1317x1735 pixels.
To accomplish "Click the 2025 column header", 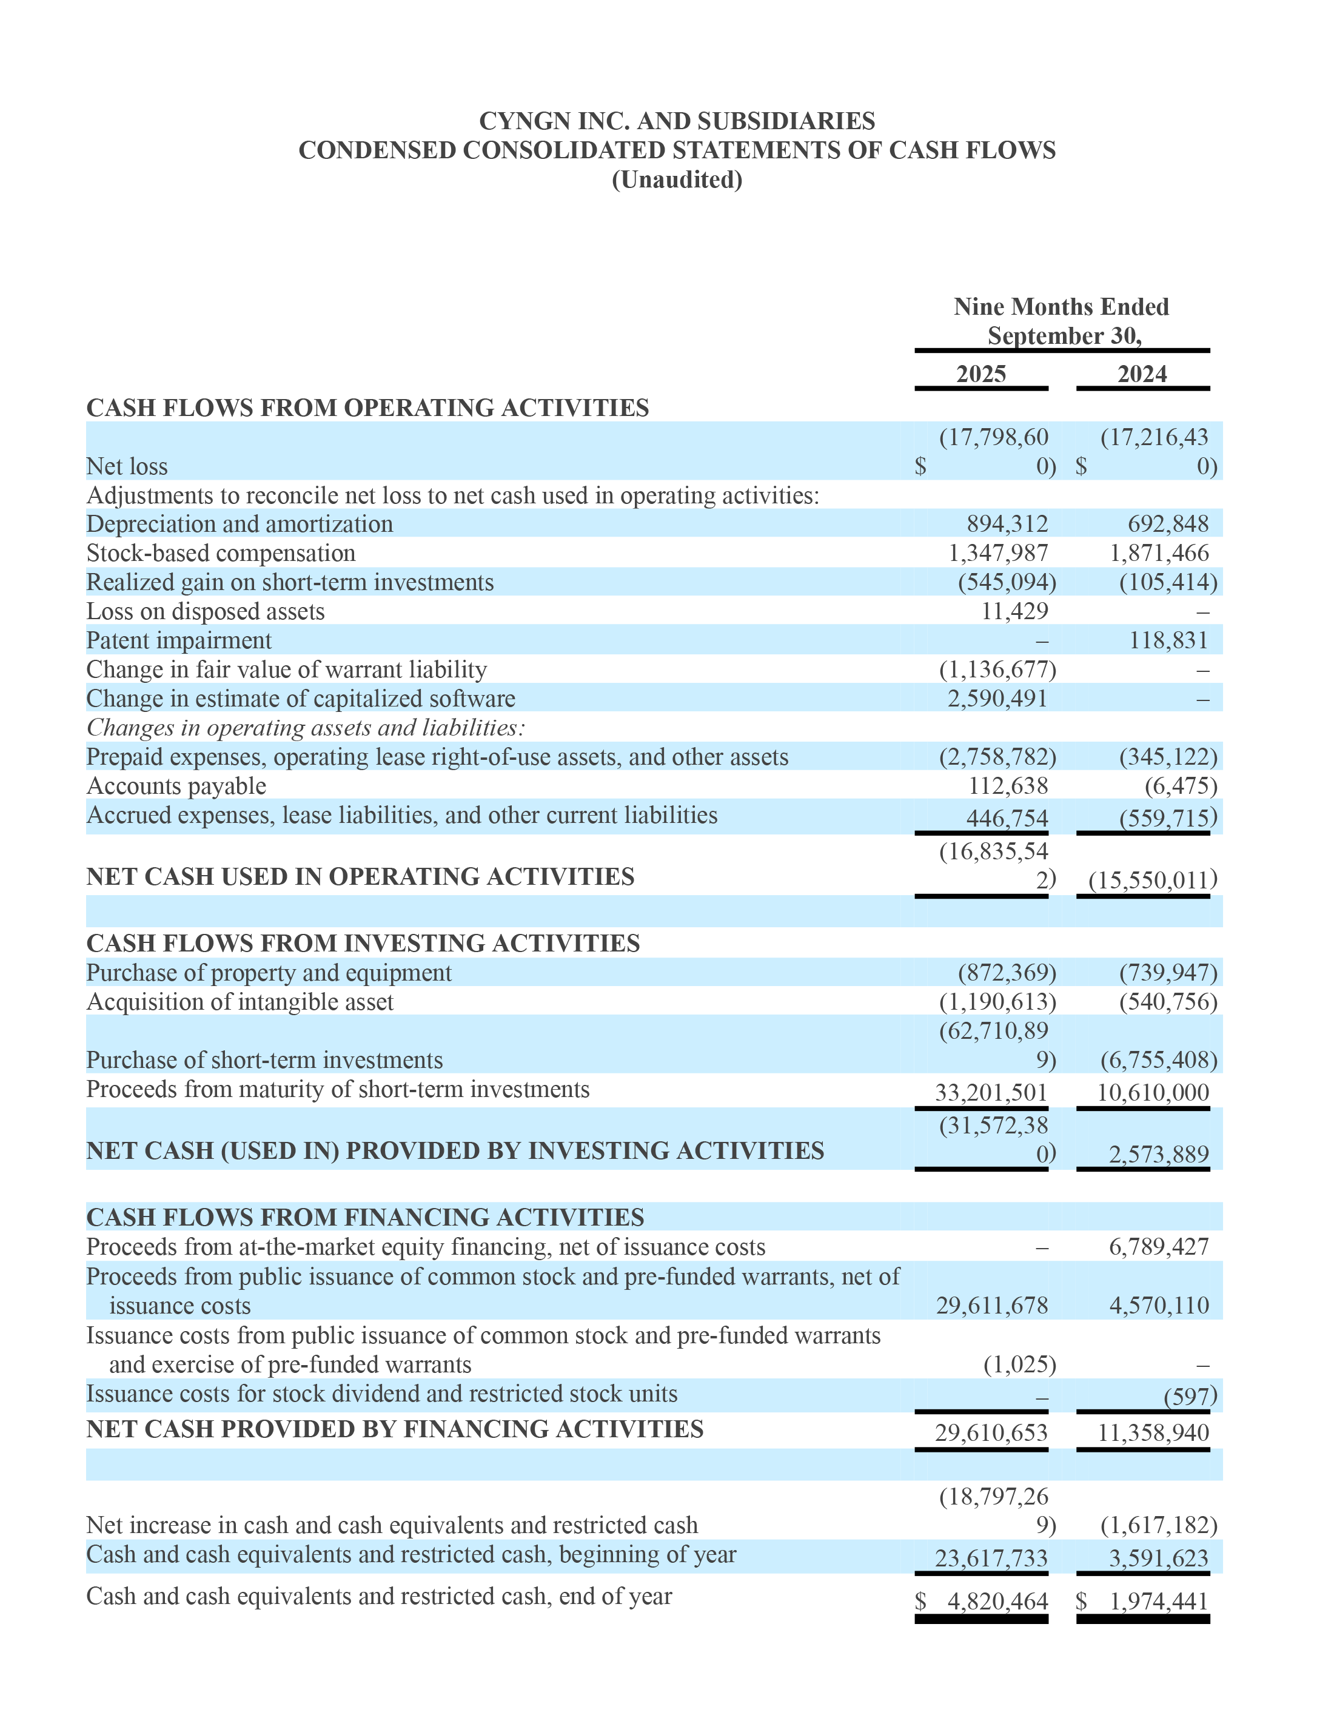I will (980, 374).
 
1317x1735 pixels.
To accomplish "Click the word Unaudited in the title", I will (676, 180).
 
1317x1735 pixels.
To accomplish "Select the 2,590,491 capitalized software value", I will (997, 698).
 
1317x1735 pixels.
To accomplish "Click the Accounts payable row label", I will (176, 786).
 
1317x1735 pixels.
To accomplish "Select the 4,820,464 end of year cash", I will (997, 1601).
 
